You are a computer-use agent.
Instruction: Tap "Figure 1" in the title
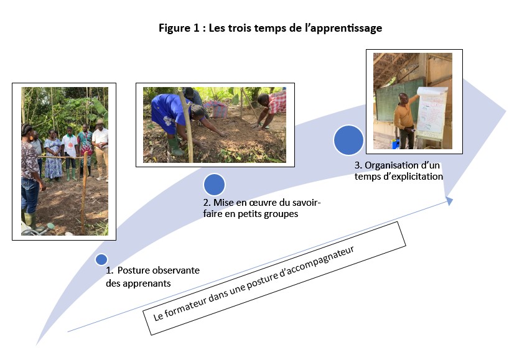179,28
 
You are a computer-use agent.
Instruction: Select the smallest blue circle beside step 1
101,259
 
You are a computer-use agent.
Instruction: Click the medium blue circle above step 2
214,185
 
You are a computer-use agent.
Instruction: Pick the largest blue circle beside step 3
348,140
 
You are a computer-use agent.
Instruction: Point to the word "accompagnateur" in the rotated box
316,264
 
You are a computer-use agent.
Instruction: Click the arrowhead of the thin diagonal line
449,201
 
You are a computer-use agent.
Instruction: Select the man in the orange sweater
406,120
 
